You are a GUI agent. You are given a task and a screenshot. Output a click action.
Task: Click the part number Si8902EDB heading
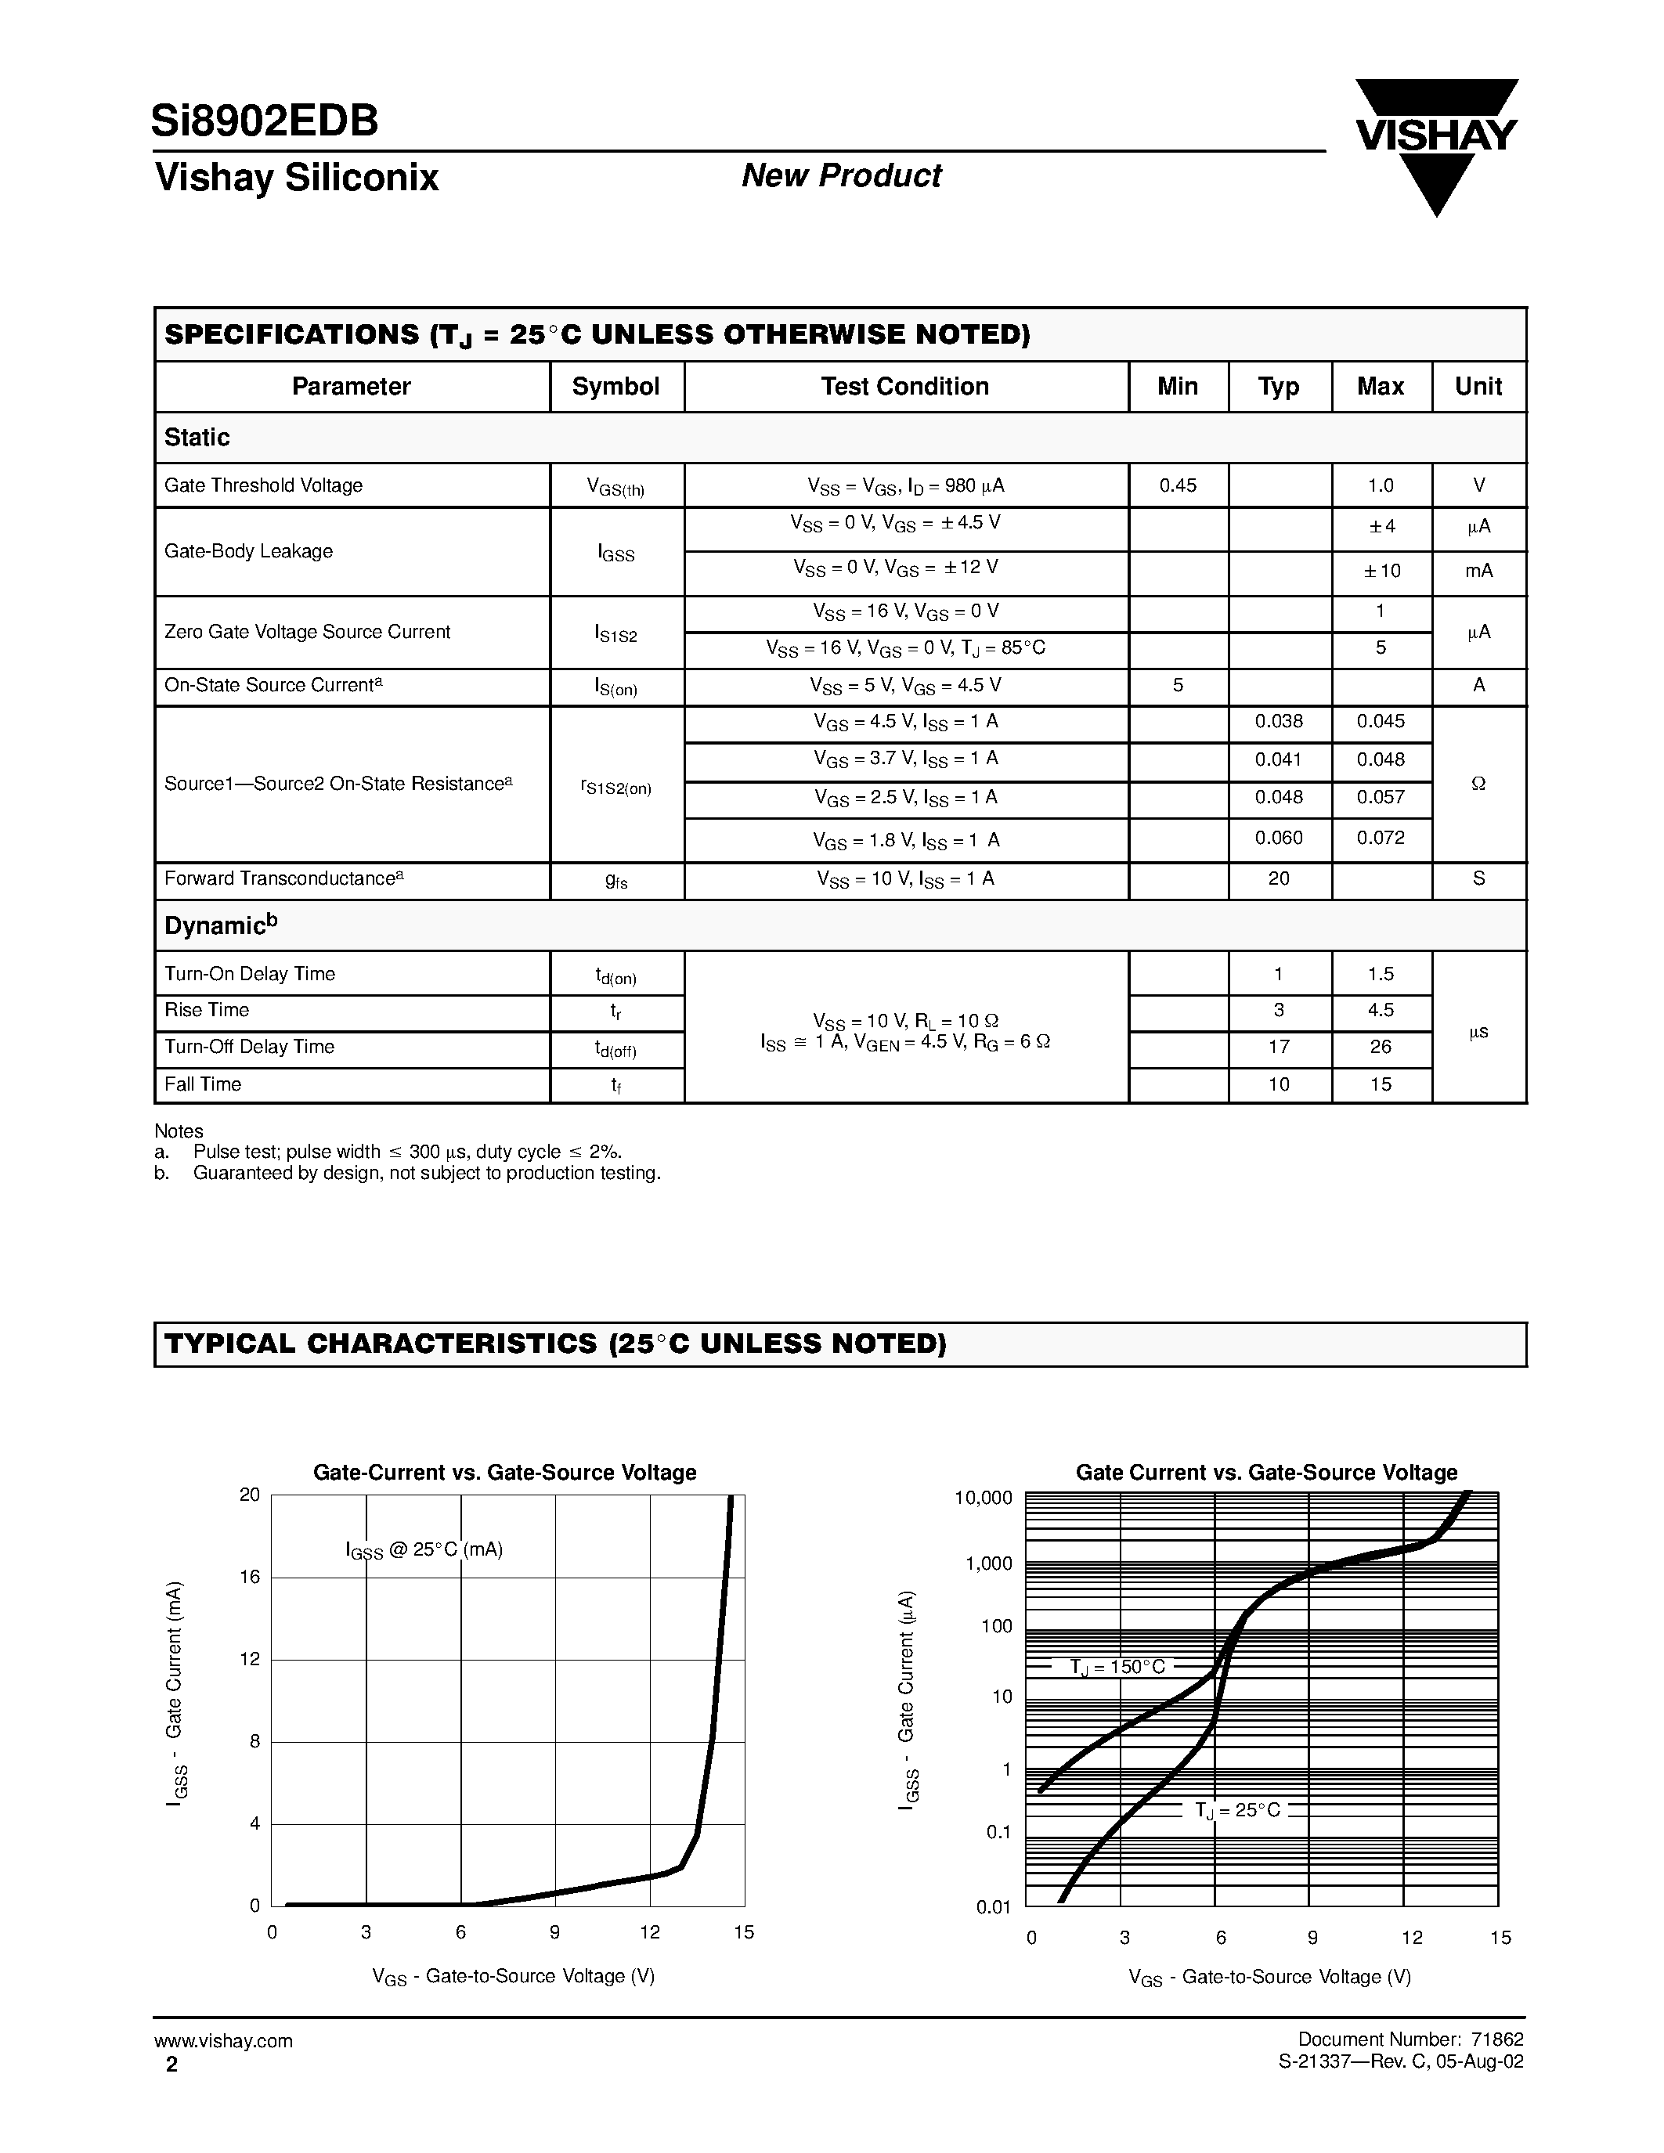(x=264, y=121)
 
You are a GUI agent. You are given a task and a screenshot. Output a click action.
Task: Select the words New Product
(x=841, y=175)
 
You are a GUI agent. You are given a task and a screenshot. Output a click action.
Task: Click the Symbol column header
(x=615, y=387)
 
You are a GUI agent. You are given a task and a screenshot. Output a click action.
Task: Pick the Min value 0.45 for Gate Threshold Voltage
(x=1177, y=485)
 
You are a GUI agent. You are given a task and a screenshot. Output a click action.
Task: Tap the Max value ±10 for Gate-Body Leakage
(x=1382, y=571)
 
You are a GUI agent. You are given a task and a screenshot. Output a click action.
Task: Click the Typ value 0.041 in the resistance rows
(x=1279, y=759)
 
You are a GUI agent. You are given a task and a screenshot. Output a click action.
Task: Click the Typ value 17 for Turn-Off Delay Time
(x=1279, y=1047)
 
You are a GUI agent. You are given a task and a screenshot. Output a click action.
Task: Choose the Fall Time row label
(x=203, y=1084)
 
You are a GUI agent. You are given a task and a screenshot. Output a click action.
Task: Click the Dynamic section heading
(x=221, y=925)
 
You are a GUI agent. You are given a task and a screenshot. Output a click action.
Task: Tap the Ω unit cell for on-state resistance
(x=1478, y=784)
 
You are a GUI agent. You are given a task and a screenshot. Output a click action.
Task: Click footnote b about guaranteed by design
(x=426, y=1173)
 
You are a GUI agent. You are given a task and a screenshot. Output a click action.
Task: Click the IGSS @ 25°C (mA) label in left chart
(x=424, y=1549)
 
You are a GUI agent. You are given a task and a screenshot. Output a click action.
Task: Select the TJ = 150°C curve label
(x=1116, y=1667)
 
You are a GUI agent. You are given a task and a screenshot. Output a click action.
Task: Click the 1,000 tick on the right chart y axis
(x=987, y=1563)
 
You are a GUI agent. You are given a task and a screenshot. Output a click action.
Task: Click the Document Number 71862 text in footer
(x=1410, y=2039)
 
